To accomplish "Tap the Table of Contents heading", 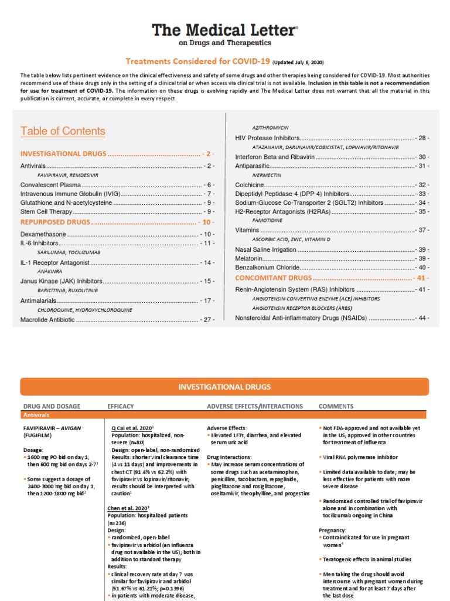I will pyautogui.click(x=55, y=131).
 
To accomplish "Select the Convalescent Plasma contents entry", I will pyautogui.click(x=46, y=184).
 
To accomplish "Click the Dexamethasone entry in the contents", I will pyautogui.click(x=43, y=234).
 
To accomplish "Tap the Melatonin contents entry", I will pyautogui.click(x=248, y=258).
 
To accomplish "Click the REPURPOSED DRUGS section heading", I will pyautogui.click(x=55, y=222).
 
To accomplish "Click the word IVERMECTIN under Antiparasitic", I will pyautogui.click(x=266, y=175).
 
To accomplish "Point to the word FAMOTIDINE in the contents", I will pyautogui.click(x=267, y=220).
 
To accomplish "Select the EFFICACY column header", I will pyautogui.click(x=121, y=406).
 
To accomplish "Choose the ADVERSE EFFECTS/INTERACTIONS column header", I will pyautogui.click(x=255, y=406).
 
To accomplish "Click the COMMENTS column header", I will pyautogui.click(x=336, y=406).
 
